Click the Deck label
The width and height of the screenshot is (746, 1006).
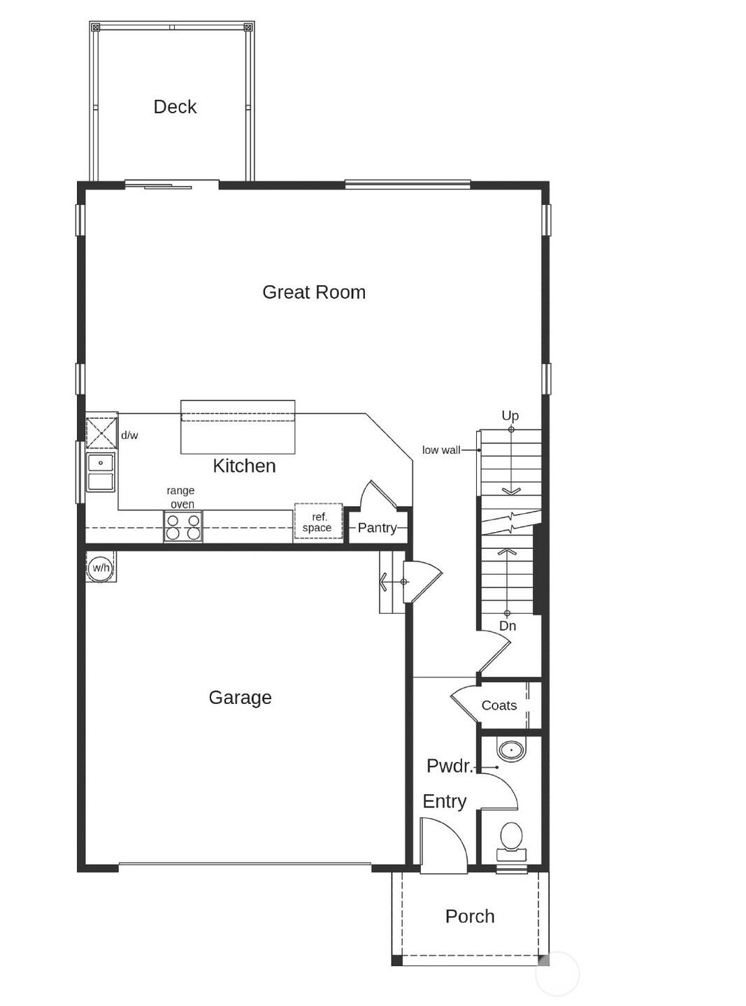tap(175, 107)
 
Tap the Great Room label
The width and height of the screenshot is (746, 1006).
tap(314, 292)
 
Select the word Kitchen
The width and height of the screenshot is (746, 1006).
tap(244, 466)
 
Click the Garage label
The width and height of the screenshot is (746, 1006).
tap(240, 698)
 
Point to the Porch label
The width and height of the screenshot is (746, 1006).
tap(470, 917)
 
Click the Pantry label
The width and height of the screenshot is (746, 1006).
tap(377, 528)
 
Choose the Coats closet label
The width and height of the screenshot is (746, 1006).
tap(499, 705)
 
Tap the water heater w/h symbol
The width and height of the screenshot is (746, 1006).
tap(101, 567)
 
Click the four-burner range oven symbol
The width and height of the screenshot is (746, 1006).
tap(183, 526)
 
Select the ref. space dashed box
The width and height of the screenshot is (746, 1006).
tap(318, 522)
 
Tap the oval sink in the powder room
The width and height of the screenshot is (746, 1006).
tap(511, 751)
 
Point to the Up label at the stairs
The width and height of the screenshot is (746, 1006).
tap(510, 415)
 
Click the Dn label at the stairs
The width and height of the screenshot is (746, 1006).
tap(508, 626)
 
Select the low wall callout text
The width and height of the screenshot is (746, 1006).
tap(441, 450)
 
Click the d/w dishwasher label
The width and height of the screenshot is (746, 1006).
tap(129, 436)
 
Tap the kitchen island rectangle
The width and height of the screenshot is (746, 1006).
tap(238, 427)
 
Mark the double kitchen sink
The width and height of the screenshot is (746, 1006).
tap(101, 473)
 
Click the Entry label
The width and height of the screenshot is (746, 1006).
tap(445, 801)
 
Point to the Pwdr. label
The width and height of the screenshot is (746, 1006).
tap(450, 766)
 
